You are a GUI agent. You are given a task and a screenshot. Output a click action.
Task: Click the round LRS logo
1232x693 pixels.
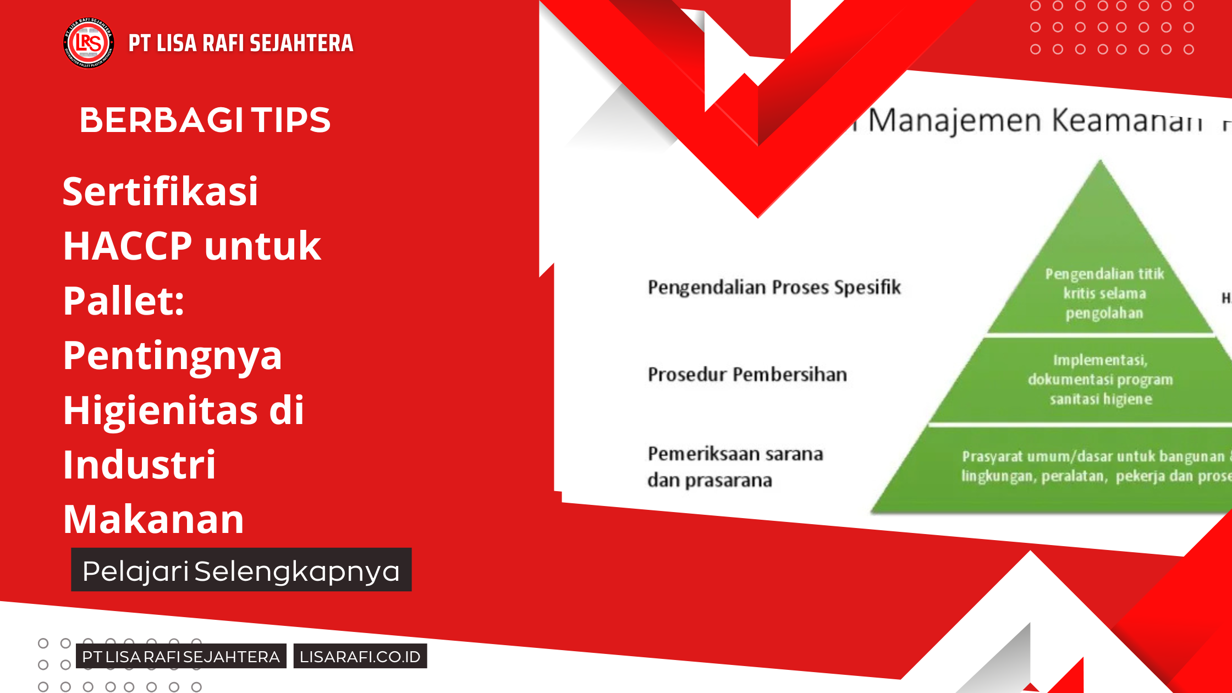pos(89,43)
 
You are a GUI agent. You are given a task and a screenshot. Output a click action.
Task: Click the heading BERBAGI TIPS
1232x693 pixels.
pos(205,120)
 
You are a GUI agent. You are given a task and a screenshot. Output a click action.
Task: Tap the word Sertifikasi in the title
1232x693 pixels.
pos(160,191)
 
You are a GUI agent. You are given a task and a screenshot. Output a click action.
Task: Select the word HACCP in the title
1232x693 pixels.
pos(127,246)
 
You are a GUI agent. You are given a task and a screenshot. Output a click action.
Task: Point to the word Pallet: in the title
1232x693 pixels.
pos(124,301)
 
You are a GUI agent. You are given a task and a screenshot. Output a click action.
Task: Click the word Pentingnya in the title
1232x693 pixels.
pos(172,356)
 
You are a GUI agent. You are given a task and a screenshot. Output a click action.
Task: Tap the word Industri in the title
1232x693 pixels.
pos(139,465)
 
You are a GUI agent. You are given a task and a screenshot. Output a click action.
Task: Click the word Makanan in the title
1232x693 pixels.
pos(153,519)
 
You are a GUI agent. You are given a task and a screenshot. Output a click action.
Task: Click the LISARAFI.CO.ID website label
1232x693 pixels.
pos(360,656)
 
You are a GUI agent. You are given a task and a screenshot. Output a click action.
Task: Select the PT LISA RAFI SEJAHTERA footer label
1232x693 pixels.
pos(181,656)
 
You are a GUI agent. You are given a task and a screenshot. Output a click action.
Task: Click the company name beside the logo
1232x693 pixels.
pos(240,43)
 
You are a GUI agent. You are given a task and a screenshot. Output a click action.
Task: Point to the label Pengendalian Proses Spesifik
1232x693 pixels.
pos(774,287)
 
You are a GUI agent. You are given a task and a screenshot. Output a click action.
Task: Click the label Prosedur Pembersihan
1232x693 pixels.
pos(747,375)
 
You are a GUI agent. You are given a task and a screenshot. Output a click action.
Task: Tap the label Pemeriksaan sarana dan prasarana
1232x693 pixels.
pos(734,467)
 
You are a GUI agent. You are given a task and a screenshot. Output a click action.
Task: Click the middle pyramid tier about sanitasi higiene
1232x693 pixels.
pos(1100,380)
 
